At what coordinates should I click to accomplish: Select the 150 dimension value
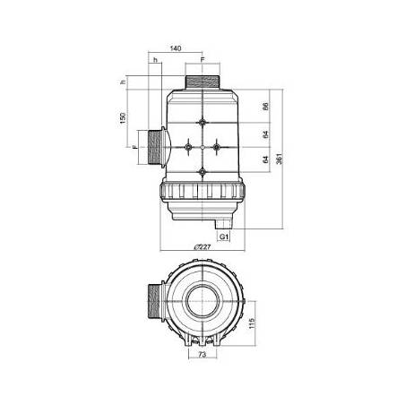pos(125,119)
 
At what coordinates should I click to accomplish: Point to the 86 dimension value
pos(266,107)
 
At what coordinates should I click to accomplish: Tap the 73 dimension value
pos(202,357)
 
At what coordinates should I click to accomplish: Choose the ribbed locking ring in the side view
pos(203,190)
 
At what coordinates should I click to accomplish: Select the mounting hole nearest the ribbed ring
pos(204,171)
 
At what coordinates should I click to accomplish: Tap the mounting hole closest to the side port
pos(189,146)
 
